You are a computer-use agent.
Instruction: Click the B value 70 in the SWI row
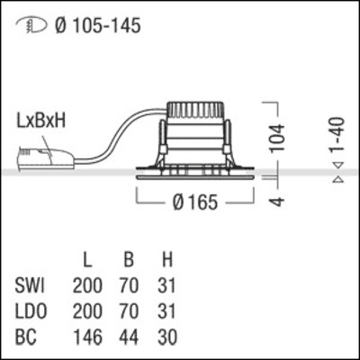[x=129, y=287]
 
